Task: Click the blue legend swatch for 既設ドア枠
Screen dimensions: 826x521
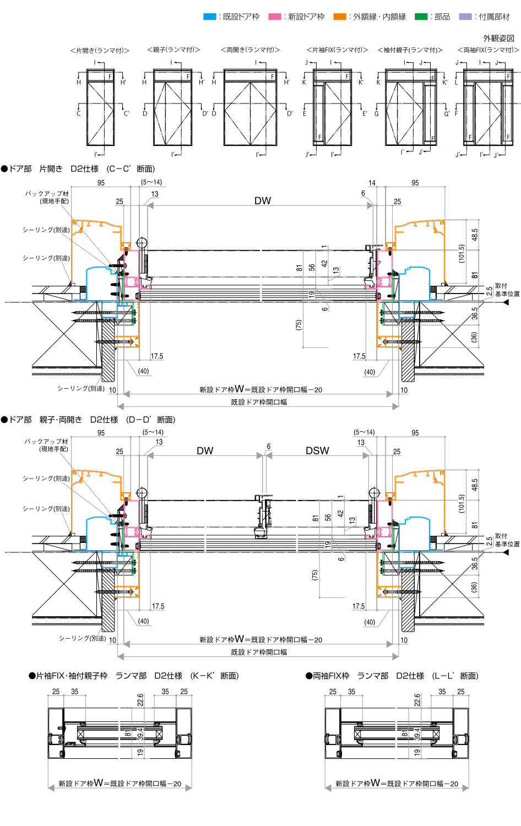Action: pyautogui.click(x=209, y=17)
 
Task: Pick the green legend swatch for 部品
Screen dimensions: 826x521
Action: pyautogui.click(x=421, y=17)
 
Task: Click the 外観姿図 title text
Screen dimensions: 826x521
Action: pyautogui.click(x=498, y=38)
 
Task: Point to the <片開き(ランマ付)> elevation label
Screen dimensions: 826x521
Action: pyautogui.click(x=100, y=51)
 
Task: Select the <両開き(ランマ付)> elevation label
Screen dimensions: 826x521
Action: pyautogui.click(x=250, y=50)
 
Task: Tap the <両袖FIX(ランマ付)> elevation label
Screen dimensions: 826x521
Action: pyautogui.click(x=488, y=50)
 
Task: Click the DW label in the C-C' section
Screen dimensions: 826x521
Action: pyautogui.click(x=263, y=201)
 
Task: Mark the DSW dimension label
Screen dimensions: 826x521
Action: pyautogui.click(x=317, y=451)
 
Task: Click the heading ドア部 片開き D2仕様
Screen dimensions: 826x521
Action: pyautogui.click(x=78, y=169)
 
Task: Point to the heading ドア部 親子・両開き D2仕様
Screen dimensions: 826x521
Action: pyautogui.click(x=88, y=420)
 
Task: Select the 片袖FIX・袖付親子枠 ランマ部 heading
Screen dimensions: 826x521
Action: pyautogui.click(x=133, y=676)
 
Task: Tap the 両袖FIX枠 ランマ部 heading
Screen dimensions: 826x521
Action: pyautogui.click(x=392, y=676)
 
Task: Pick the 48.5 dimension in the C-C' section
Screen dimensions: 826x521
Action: pyautogui.click(x=475, y=235)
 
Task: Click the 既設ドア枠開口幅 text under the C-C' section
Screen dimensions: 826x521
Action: pyautogui.click(x=259, y=403)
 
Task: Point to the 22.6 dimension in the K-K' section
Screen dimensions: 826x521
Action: pyautogui.click(x=140, y=699)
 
